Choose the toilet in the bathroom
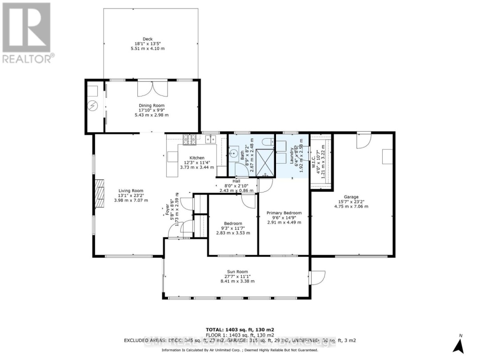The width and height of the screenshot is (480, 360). pyautogui.click(x=267, y=142)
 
